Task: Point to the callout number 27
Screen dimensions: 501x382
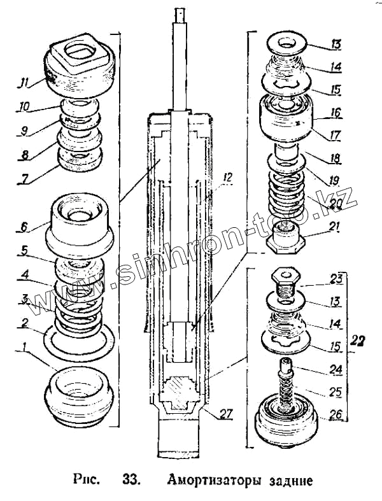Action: [x=226, y=414]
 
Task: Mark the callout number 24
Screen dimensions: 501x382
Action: [x=334, y=368]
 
